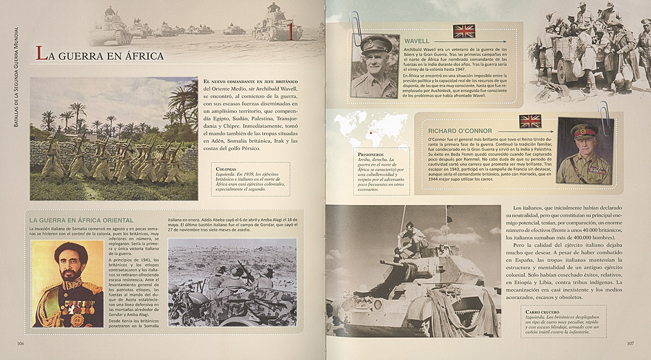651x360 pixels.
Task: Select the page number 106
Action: pyautogui.click(x=21, y=343)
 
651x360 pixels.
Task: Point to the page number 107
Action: pyautogui.click(x=630, y=343)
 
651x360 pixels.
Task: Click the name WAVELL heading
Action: pyautogui.click(x=417, y=41)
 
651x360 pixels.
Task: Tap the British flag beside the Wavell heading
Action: pyautogui.click(x=464, y=31)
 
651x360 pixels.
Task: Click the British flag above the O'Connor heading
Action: pyautogui.click(x=530, y=121)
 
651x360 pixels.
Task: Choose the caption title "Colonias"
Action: pyautogui.click(x=225, y=169)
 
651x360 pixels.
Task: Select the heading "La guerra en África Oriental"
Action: pyautogui.click(x=81, y=220)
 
